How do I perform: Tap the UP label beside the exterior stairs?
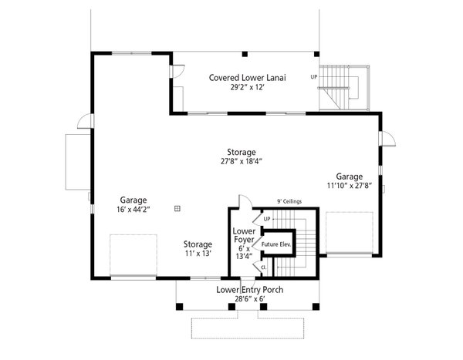[313, 77]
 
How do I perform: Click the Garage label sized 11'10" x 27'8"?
[349, 176]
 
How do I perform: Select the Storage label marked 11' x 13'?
[198, 244]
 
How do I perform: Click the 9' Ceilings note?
[289, 202]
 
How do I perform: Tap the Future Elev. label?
[275, 244]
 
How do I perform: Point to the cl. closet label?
[263, 267]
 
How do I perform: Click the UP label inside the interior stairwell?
[266, 219]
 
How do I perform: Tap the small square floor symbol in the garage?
[177, 207]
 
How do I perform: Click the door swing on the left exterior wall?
[85, 121]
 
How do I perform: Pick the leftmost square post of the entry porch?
[178, 307]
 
